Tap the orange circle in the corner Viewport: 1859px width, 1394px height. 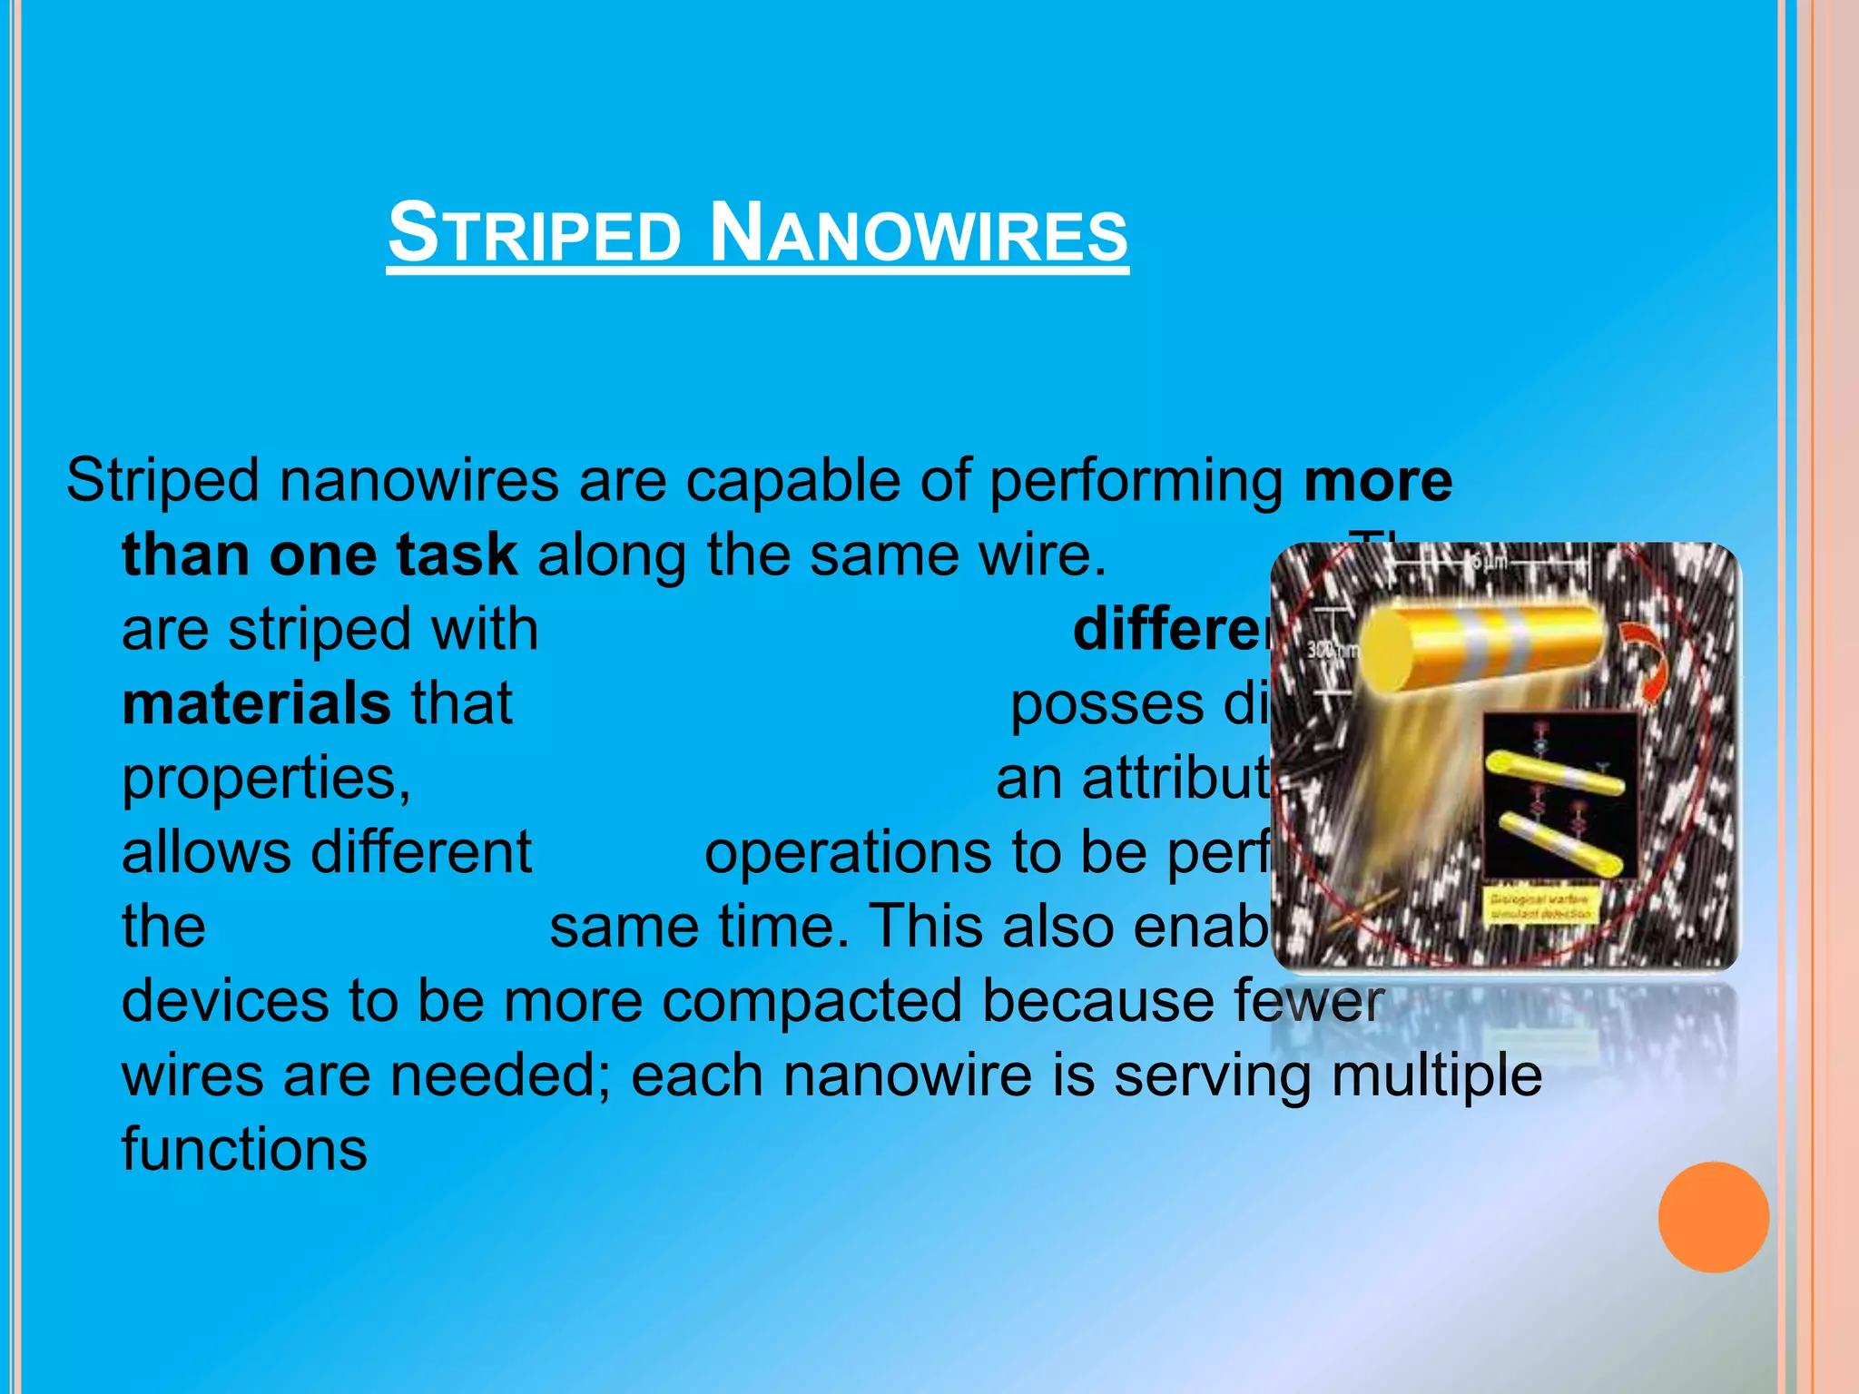coord(1713,1217)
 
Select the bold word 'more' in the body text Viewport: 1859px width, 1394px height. coord(1378,480)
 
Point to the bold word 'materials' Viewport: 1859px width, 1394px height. coord(256,703)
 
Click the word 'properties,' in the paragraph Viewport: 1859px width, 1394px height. coord(266,780)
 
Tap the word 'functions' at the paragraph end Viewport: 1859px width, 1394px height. coord(244,1150)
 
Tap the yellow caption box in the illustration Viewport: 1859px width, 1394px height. coord(1540,906)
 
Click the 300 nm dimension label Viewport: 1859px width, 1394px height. coord(1331,650)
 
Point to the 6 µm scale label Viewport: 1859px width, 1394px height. coord(1489,562)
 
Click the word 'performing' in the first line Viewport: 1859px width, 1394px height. coord(1136,480)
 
